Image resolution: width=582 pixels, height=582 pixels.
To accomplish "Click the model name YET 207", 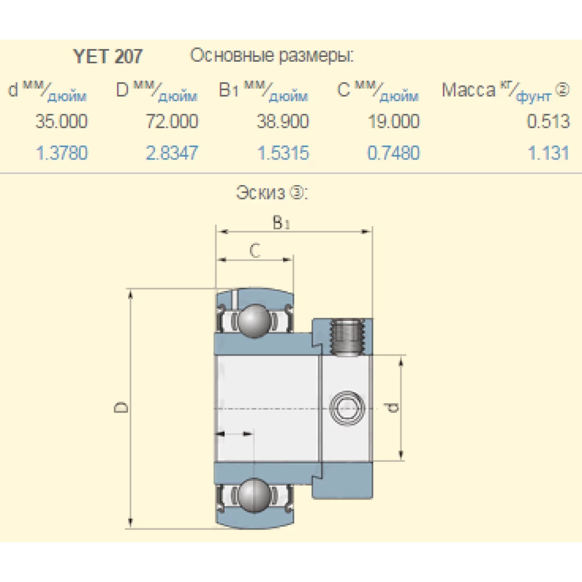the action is pos(108,56).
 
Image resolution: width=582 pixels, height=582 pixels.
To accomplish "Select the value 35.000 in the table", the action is pos(62,122).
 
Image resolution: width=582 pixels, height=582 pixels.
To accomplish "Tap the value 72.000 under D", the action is pos(172,122).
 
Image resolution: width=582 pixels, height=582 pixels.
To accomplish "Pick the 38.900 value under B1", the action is pos(283,122).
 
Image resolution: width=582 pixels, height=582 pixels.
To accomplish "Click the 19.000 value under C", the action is pos(393,122).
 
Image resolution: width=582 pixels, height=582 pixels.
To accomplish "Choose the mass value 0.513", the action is pos(548,122).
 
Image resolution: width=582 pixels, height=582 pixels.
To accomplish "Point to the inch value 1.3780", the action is pos(62,153).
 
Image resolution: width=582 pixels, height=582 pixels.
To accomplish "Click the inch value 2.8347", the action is pos(172,153).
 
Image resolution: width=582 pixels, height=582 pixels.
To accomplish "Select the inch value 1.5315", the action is pos(283,153).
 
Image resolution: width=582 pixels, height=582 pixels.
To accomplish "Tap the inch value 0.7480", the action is pos(393,153).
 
